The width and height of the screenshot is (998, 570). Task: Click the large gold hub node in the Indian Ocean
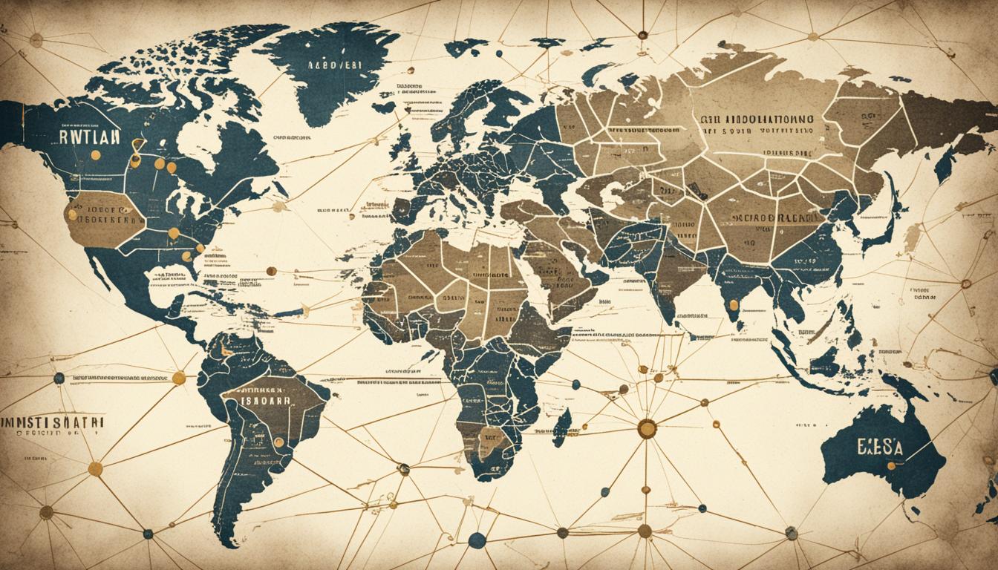[x=647, y=428]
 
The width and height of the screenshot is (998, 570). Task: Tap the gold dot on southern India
[x=733, y=304]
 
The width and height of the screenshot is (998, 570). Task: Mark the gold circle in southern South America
[x=278, y=442]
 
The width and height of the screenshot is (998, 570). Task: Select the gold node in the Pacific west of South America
[x=178, y=378]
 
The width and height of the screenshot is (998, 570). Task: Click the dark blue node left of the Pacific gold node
[x=59, y=378]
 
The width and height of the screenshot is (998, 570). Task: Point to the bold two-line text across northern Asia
[x=755, y=124]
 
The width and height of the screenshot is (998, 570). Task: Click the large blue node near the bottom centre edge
[x=476, y=540]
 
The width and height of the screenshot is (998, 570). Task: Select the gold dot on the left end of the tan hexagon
[x=72, y=214]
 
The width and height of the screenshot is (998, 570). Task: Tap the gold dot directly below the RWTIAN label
[x=95, y=156]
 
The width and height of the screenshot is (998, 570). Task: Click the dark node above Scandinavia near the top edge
[x=642, y=35]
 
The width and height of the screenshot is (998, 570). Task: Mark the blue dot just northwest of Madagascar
[x=574, y=384]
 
